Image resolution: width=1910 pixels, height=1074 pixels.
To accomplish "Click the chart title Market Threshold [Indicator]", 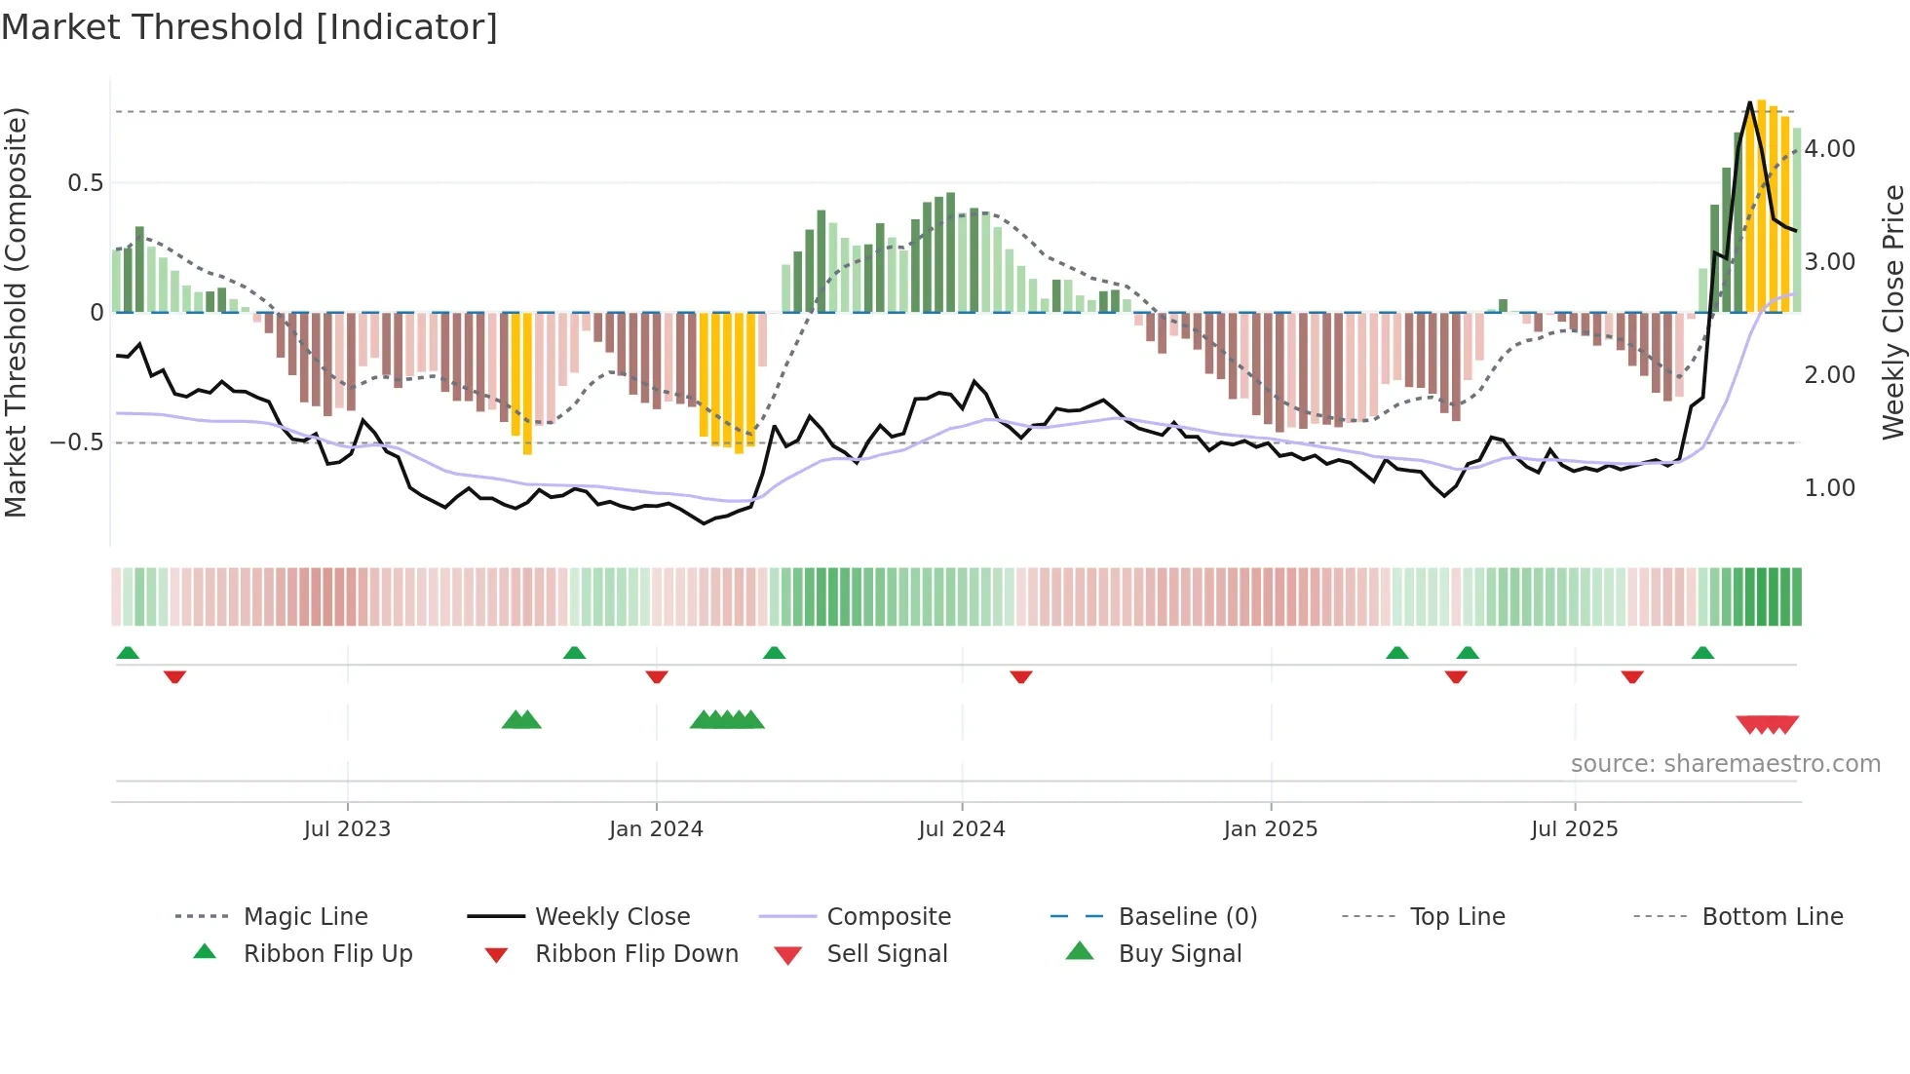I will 249,27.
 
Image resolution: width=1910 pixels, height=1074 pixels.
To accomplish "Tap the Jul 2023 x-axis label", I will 347,829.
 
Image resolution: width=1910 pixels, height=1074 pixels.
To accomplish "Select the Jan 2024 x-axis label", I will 656,829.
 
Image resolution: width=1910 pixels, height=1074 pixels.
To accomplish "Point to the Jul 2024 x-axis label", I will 962,829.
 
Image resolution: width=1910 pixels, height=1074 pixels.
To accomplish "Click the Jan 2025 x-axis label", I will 1271,829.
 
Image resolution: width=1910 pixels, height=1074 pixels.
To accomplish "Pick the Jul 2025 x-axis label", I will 1575,829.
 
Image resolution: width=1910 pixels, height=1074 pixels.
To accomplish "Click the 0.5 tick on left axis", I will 85,183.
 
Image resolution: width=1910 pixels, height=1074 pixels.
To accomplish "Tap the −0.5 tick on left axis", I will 77,442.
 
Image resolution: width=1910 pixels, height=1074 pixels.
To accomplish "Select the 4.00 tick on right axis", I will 1830,149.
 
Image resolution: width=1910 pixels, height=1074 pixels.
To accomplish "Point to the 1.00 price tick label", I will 1830,488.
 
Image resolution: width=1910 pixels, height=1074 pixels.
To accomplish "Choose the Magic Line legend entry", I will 305,917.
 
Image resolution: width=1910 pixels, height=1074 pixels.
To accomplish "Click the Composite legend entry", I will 889,917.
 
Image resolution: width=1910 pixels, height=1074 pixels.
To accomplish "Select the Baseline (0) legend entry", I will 1188,917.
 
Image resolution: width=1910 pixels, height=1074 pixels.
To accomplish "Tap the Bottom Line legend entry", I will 1773,917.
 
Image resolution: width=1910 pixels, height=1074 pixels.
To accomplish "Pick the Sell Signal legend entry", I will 887,954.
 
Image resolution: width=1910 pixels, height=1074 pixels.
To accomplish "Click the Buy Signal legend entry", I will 1180,954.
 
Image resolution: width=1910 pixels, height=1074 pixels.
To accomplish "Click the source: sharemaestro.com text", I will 1726,764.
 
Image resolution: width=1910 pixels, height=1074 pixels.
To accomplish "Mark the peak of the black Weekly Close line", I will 1750,102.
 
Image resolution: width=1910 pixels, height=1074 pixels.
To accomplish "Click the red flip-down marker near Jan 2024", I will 657,676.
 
